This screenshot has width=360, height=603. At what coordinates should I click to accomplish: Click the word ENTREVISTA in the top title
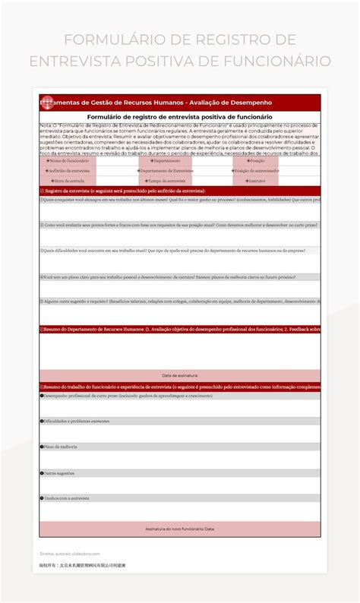click(x=66, y=60)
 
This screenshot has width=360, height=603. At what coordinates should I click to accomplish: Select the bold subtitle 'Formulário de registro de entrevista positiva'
click(x=179, y=117)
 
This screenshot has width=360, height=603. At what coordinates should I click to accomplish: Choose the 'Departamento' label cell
click(x=165, y=161)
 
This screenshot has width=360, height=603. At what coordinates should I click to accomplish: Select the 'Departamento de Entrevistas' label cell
click(x=165, y=171)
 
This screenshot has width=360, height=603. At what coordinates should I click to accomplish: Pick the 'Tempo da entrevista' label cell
click(x=165, y=181)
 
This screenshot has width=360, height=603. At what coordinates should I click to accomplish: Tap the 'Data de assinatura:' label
click(x=180, y=375)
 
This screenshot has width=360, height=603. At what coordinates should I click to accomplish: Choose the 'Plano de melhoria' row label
click(x=61, y=447)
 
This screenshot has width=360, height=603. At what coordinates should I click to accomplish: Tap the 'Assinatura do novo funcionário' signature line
click(x=180, y=528)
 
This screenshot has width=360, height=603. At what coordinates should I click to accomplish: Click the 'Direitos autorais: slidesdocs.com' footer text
click(x=70, y=554)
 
